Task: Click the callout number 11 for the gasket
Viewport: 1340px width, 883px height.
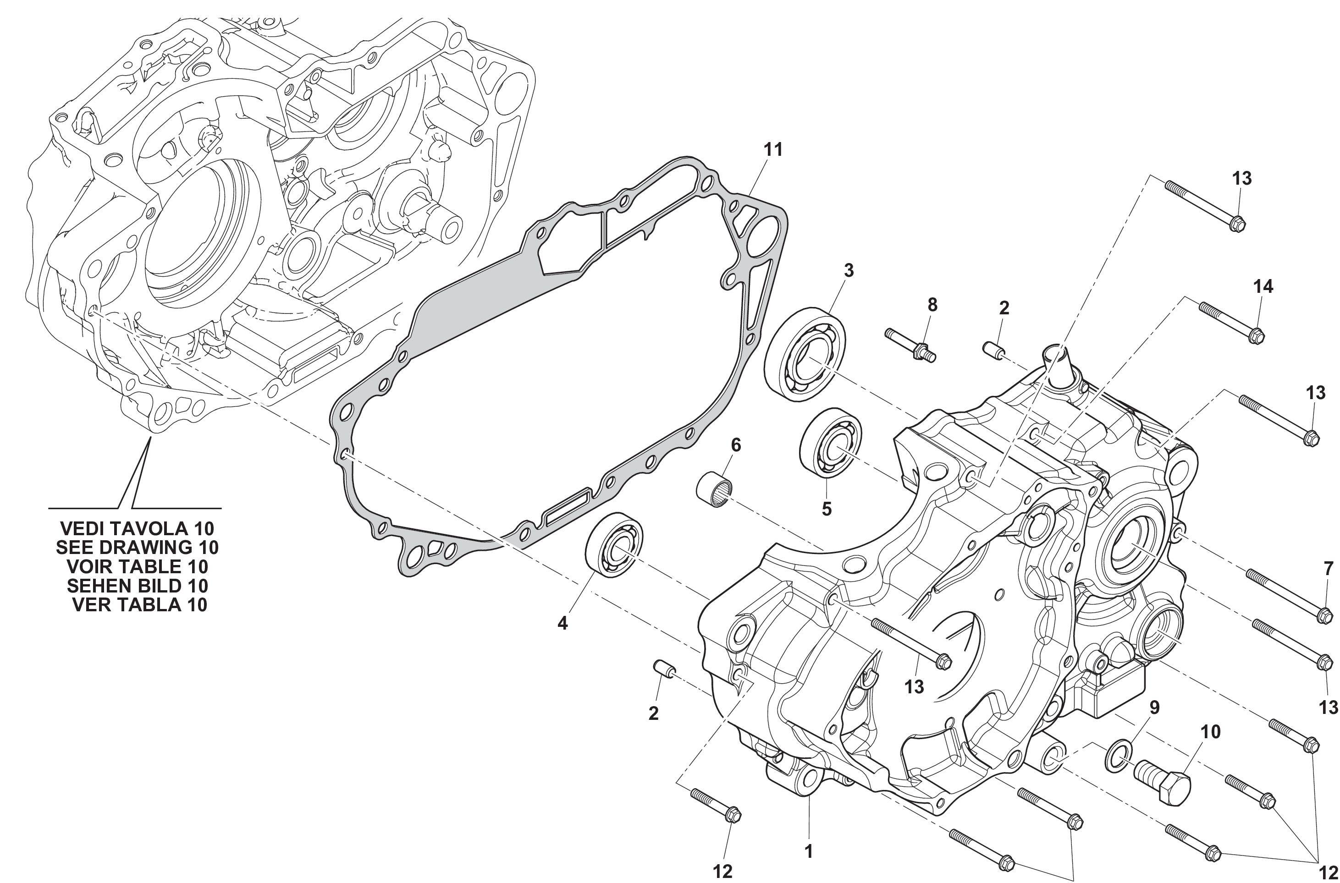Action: click(773, 150)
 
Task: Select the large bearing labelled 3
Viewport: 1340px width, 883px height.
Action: click(806, 354)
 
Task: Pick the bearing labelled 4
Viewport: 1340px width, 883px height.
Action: click(616, 544)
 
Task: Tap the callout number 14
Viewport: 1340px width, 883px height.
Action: click(1263, 287)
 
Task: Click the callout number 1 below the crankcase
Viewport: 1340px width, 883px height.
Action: click(809, 851)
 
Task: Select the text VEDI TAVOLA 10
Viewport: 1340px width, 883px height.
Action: click(137, 528)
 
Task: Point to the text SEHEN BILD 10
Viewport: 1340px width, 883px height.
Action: click(137, 586)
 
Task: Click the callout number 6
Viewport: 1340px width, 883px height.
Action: click(736, 445)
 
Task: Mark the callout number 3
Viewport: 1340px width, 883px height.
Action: click(848, 270)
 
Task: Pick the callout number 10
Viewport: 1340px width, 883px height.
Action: click(1210, 732)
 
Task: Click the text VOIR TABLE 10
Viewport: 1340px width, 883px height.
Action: click(137, 566)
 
